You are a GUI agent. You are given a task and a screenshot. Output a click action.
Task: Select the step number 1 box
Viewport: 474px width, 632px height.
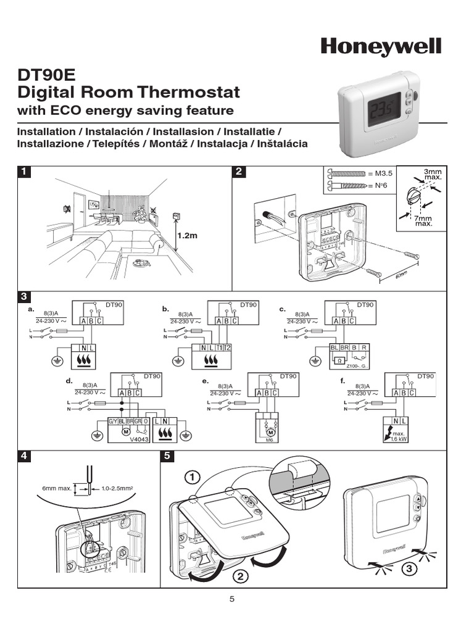[x=23, y=172]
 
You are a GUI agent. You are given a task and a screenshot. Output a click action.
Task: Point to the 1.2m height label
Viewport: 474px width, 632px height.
[x=187, y=235]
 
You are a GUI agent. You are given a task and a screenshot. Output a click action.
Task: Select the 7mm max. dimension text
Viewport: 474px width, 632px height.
[x=423, y=220]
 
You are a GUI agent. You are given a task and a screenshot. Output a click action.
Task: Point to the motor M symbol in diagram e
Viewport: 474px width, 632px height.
[x=270, y=432]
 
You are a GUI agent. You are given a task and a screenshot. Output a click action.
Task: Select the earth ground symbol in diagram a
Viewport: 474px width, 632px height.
[x=57, y=361]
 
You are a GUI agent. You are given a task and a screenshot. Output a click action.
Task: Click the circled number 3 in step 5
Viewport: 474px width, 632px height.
[x=407, y=569]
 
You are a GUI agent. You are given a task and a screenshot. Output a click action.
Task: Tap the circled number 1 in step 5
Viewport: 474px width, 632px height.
[x=192, y=477]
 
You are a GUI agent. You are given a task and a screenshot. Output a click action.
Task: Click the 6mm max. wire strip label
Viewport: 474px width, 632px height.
[x=56, y=488]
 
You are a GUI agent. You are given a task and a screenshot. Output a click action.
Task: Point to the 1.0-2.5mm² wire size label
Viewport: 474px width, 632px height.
[x=117, y=488]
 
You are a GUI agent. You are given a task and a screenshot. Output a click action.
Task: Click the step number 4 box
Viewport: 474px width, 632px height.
[x=23, y=456]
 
